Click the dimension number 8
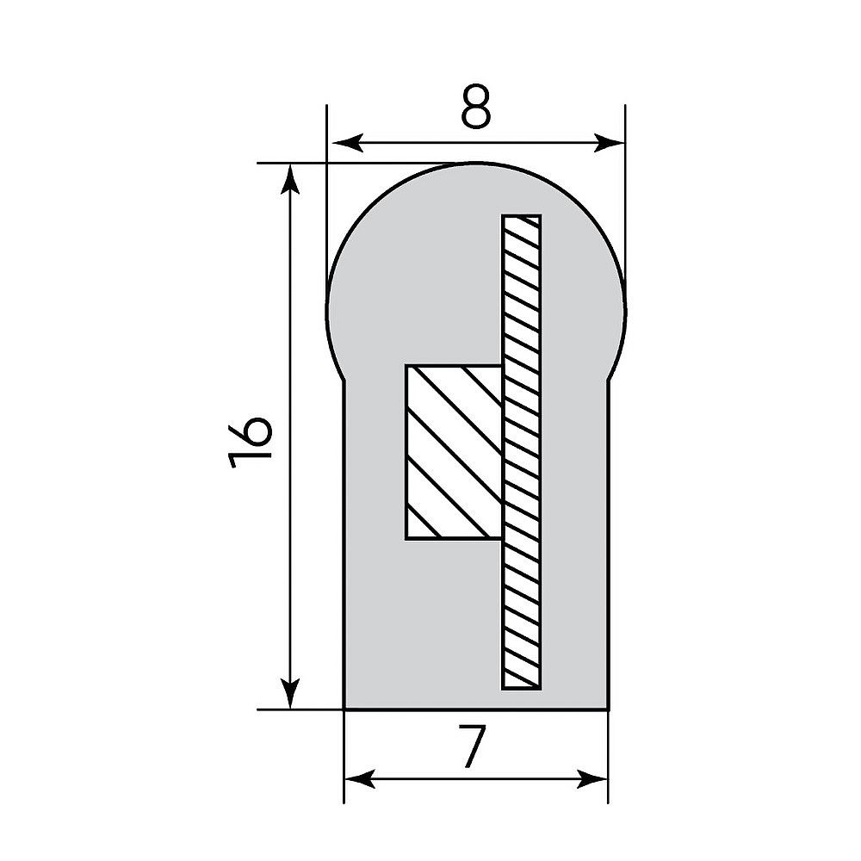[x=475, y=106]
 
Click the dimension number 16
[x=250, y=443]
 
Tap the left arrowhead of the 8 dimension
[x=348, y=143]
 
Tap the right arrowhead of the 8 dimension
[x=609, y=143]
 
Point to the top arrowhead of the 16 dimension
[x=290, y=179]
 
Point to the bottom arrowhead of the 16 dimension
[x=290, y=693]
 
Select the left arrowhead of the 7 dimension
[x=360, y=778]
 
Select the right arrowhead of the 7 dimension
[x=592, y=778]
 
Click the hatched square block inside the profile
[x=454, y=452]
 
